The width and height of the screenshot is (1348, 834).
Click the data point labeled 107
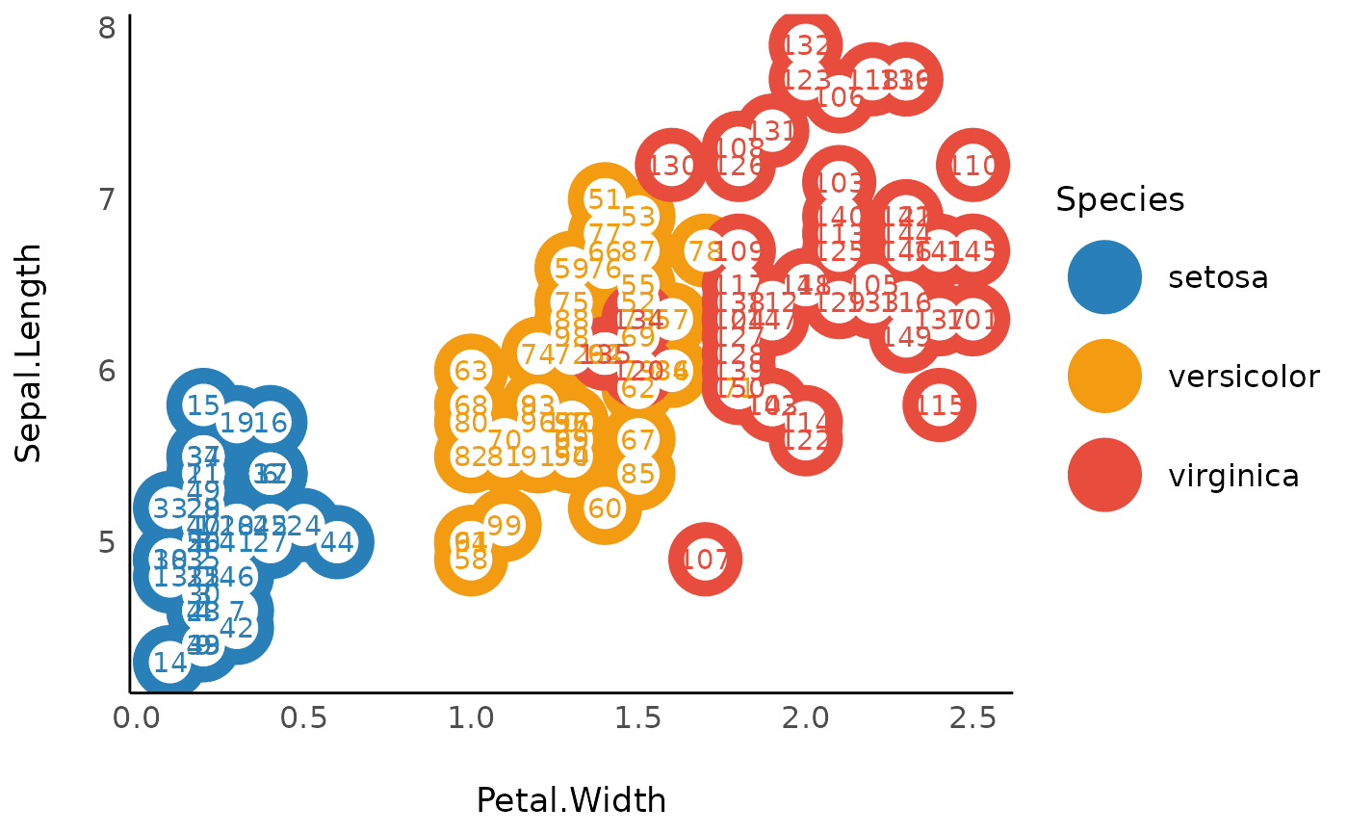[705, 560]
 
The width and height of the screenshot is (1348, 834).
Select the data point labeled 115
[940, 405]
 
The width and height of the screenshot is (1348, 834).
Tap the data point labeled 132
[806, 45]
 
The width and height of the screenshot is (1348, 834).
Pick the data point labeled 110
[973, 166]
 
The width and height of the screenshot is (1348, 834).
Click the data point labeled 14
[169, 663]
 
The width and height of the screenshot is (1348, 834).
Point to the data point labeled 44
[337, 542]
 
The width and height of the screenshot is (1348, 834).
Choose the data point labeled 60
[605, 508]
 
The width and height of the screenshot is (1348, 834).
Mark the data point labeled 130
[671, 166]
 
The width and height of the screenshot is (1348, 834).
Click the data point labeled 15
[202, 405]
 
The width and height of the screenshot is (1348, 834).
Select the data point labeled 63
[471, 371]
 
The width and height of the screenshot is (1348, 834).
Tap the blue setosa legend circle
[1104, 277]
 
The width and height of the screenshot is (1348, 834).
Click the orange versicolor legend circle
[1104, 376]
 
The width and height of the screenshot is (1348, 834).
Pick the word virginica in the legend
[1233, 475]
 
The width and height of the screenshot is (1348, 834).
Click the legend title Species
[1120, 199]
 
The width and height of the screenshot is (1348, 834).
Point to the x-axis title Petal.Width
[571, 800]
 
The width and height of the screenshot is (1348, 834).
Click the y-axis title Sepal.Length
[30, 352]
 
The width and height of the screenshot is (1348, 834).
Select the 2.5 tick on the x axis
[972, 718]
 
